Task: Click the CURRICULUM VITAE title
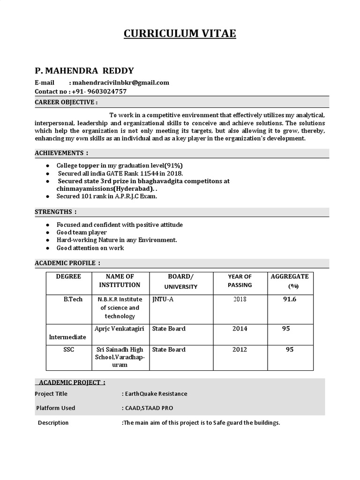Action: [180, 34]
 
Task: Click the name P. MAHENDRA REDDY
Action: [84, 71]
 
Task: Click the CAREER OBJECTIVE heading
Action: [66, 102]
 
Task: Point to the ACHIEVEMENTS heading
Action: [61, 153]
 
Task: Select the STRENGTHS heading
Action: [56, 212]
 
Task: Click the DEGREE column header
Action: [68, 277]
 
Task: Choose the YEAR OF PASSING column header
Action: [240, 281]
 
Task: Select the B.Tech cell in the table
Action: [73, 299]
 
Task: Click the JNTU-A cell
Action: [163, 299]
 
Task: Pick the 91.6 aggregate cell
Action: [289, 299]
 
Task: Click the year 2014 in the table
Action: [240, 329]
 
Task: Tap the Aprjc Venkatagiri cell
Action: [120, 329]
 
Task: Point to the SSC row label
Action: [68, 350]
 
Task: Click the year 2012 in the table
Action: [240, 350]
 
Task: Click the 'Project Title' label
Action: [51, 394]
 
